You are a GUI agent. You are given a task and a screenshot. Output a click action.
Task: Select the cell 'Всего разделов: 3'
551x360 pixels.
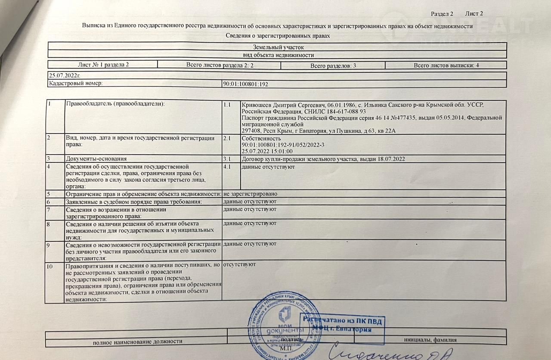tap(333, 65)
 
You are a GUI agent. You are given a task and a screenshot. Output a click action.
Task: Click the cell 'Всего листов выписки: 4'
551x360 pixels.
tap(446, 65)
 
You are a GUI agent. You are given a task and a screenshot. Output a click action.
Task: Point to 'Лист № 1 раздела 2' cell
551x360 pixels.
tap(103, 65)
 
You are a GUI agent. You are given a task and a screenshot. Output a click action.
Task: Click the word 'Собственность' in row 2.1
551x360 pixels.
tap(261, 139)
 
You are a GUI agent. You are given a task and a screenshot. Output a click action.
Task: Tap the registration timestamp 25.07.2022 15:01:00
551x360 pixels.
tap(267, 151)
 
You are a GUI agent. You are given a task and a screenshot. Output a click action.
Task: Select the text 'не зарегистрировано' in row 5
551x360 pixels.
tap(250, 194)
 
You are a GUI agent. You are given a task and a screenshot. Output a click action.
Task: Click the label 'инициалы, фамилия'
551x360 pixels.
tap(430, 340)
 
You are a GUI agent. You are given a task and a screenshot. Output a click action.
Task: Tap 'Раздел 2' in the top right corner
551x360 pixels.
tap(442, 14)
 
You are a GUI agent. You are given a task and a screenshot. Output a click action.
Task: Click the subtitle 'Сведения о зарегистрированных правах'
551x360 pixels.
tap(278, 36)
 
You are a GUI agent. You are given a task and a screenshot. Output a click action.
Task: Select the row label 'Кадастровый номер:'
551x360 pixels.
tap(76, 84)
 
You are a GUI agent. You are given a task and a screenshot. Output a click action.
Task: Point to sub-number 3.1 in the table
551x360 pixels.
tap(228, 159)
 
